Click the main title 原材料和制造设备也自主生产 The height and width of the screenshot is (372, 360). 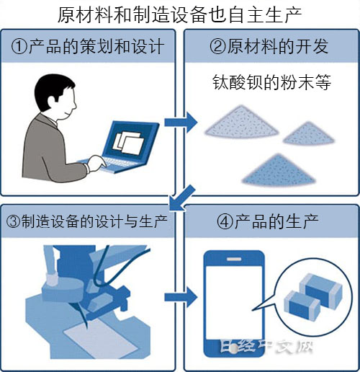[x=179, y=15]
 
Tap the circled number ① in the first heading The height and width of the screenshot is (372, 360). [x=19, y=47]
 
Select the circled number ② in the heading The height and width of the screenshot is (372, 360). [x=218, y=47]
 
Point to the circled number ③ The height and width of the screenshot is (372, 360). [x=14, y=221]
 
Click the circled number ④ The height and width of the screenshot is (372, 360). [x=225, y=221]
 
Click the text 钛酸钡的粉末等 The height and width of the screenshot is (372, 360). [x=271, y=82]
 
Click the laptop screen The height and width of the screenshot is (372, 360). [x=130, y=140]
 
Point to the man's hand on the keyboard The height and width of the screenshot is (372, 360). [x=96, y=164]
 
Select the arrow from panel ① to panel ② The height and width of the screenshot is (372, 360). [x=181, y=123]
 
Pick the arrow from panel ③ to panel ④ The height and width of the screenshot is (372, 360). [x=181, y=298]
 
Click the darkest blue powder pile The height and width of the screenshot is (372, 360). [x=279, y=170]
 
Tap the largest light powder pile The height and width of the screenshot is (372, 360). [x=241, y=123]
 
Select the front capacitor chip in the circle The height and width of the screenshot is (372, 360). [x=302, y=304]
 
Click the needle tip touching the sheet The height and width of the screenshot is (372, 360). [x=86, y=327]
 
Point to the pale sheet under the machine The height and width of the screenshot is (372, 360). [x=100, y=338]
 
